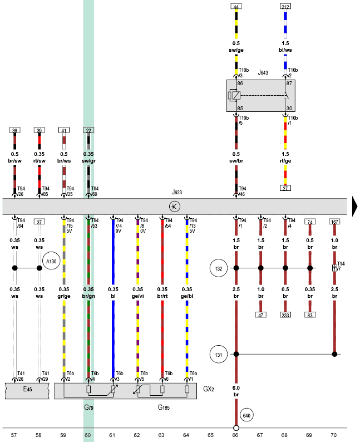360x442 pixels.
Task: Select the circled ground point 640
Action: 247,415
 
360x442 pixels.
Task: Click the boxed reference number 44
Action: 236,7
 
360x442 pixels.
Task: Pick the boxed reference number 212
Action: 285,7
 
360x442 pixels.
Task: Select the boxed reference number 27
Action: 285,188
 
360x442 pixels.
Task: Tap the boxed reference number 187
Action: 334,222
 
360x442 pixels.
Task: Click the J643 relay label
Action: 263,73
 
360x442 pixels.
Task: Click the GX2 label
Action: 209,389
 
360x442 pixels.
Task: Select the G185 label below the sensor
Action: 163,408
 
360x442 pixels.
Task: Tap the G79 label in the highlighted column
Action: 89,408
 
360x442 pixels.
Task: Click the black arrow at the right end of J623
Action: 356,207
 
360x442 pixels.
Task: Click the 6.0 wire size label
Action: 236,387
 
